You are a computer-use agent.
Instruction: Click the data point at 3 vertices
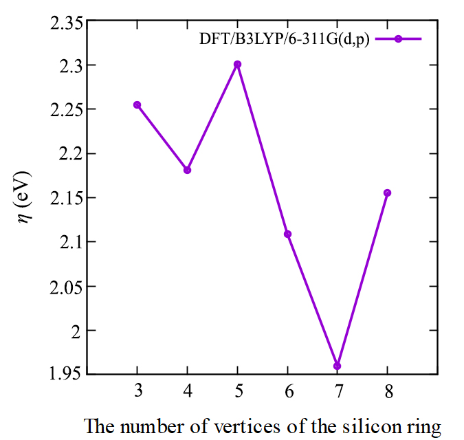(x=137, y=104)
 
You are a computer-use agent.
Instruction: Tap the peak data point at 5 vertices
(x=237, y=64)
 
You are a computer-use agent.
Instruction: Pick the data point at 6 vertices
(x=287, y=234)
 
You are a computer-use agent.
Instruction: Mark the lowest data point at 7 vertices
(x=337, y=366)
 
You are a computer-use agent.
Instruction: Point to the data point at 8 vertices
(x=387, y=192)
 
